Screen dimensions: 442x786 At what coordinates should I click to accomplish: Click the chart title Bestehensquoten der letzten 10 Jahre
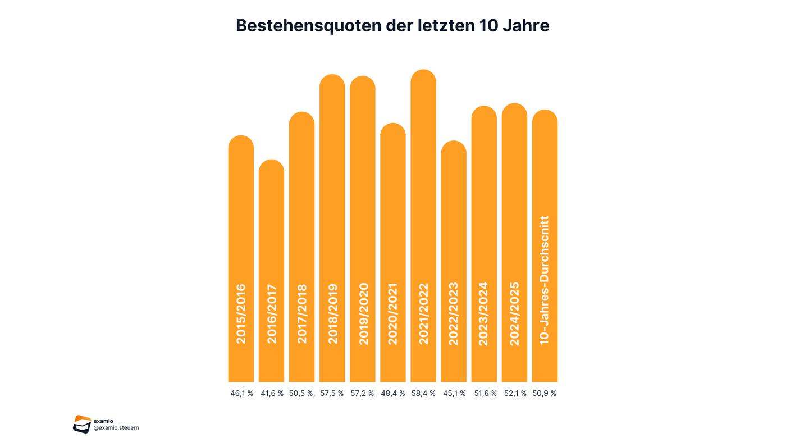tap(392, 25)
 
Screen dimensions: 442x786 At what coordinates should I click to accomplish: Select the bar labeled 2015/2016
tap(241, 225)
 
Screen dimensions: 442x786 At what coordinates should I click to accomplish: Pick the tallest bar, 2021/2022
tap(423, 197)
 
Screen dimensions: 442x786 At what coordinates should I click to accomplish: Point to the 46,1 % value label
tap(241, 393)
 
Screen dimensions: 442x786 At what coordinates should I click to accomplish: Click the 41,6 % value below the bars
tap(272, 393)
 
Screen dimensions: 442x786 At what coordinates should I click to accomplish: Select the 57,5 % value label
tap(332, 393)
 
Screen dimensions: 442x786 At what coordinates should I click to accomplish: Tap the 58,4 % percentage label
tap(424, 393)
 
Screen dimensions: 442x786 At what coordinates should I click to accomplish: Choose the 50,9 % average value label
tap(545, 393)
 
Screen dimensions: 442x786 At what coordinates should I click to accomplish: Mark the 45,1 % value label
tap(454, 393)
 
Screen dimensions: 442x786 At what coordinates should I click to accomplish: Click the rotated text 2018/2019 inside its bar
tap(332, 313)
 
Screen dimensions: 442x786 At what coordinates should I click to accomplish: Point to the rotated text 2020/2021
tap(393, 313)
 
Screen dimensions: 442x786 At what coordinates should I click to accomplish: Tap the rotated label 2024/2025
tap(514, 313)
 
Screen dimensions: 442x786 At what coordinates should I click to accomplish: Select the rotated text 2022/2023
tap(454, 313)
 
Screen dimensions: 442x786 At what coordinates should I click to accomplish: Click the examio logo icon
tap(82, 424)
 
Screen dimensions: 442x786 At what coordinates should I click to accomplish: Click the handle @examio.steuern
tap(116, 428)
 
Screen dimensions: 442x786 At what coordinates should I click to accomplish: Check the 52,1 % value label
tap(515, 393)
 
